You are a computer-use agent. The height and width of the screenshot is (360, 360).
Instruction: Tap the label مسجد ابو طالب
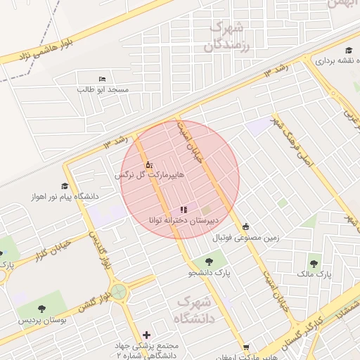click(x=103, y=90)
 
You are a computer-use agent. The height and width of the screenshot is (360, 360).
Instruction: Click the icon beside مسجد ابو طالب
click(x=103, y=79)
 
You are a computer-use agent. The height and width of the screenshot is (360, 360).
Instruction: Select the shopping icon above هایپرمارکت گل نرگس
click(x=148, y=165)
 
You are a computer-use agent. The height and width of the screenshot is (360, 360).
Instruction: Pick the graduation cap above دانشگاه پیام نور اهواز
click(x=65, y=186)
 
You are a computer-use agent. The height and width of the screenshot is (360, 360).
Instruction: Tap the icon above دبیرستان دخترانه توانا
click(x=184, y=210)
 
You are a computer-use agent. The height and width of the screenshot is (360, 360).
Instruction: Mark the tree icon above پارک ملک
click(x=314, y=264)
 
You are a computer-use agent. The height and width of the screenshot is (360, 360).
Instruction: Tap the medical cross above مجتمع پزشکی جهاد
click(x=146, y=335)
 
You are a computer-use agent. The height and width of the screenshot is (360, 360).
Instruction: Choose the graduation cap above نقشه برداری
click(x=349, y=50)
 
